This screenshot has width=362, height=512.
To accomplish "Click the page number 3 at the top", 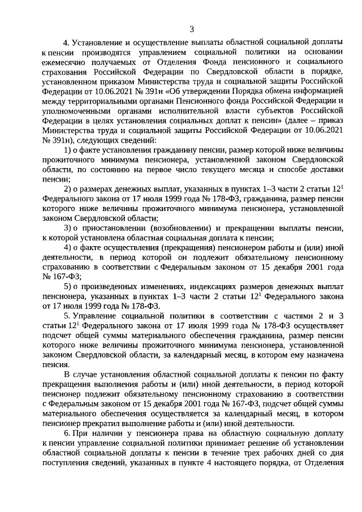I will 192,29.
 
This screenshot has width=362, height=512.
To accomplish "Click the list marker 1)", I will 67,149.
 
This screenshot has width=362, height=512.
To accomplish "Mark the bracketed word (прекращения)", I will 184,247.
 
